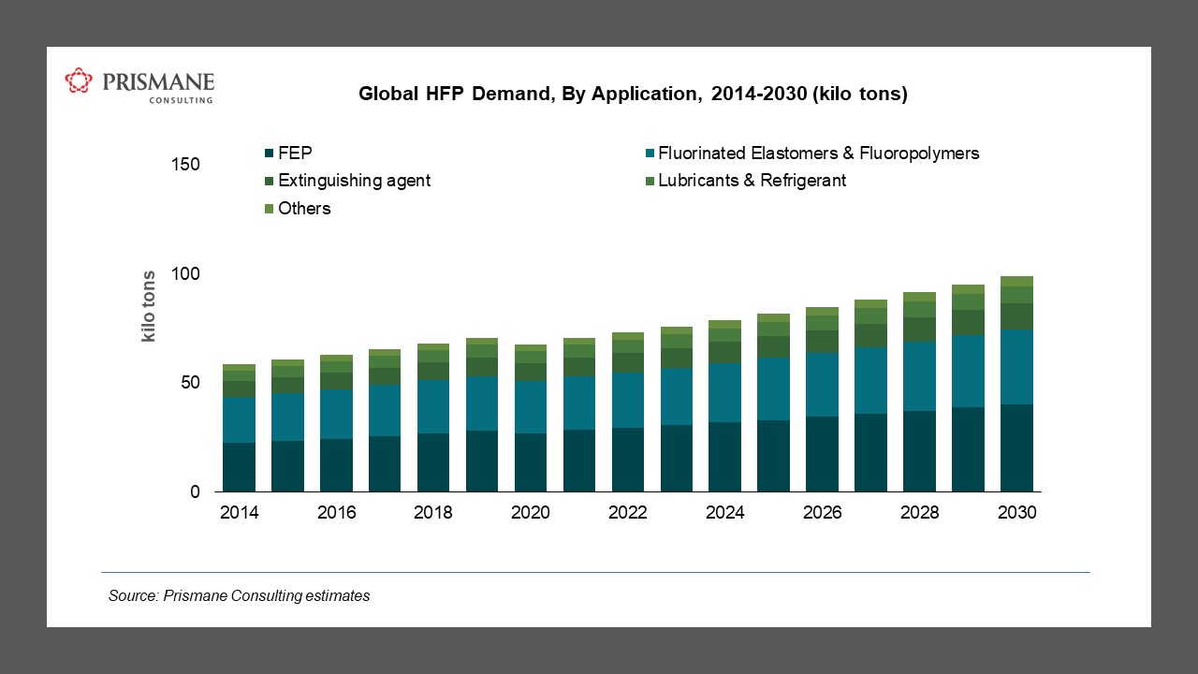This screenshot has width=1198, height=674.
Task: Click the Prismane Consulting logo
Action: pyautogui.click(x=139, y=84)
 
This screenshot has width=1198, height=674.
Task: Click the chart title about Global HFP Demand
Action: pyautogui.click(x=633, y=95)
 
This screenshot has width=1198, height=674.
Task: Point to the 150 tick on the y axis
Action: pyautogui.click(x=186, y=165)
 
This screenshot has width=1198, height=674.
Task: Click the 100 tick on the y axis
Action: pyautogui.click(x=186, y=274)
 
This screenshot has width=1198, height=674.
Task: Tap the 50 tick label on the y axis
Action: pyautogui.click(x=190, y=383)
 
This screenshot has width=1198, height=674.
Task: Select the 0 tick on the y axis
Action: pyautogui.click(x=196, y=492)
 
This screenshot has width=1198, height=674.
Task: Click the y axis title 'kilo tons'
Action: pyautogui.click(x=149, y=307)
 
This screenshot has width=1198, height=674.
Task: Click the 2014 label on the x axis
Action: pyautogui.click(x=239, y=513)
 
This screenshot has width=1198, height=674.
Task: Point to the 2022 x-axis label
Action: pyautogui.click(x=627, y=513)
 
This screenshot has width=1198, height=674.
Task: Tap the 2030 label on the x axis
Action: pyautogui.click(x=1016, y=513)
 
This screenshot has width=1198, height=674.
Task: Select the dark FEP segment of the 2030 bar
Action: pyautogui.click(x=1016, y=448)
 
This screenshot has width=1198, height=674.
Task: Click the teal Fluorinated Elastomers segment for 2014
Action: pyautogui.click(x=239, y=419)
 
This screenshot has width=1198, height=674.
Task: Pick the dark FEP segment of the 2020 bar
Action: pyautogui.click(x=531, y=462)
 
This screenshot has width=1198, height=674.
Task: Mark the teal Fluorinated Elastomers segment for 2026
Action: pyautogui.click(x=822, y=385)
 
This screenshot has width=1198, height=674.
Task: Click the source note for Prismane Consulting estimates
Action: pyautogui.click(x=240, y=595)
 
